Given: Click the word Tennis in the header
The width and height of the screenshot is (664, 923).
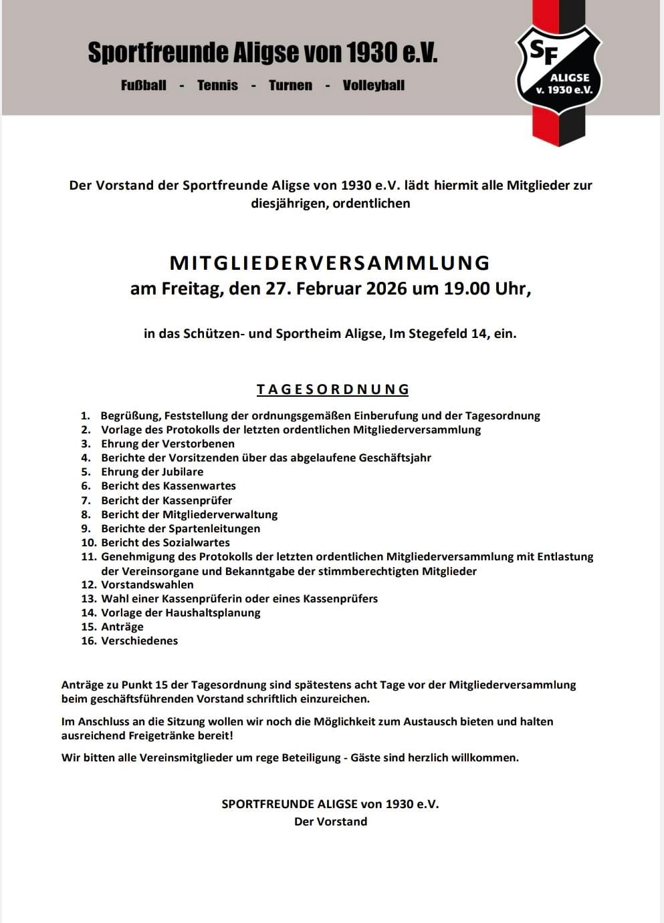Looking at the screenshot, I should pyautogui.click(x=217, y=85).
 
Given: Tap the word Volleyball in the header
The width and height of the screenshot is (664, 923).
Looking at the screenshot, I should pyautogui.click(x=373, y=85).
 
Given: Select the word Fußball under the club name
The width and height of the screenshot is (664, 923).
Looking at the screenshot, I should pyautogui.click(x=144, y=85).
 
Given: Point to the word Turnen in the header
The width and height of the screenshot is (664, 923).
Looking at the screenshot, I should pyautogui.click(x=290, y=85).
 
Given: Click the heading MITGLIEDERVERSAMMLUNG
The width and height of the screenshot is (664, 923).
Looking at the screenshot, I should pyautogui.click(x=330, y=262).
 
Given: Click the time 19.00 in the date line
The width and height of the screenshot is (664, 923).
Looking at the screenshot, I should pyautogui.click(x=467, y=289).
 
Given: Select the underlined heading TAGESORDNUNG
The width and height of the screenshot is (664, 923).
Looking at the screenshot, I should pyautogui.click(x=332, y=389).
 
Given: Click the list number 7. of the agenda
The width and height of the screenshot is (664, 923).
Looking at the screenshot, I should pyautogui.click(x=86, y=500).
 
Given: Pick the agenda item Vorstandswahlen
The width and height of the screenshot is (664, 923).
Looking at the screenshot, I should pyautogui.click(x=147, y=584).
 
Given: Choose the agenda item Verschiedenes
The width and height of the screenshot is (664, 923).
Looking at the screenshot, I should pyautogui.click(x=139, y=640).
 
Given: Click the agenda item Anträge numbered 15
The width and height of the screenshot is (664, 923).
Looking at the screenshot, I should pyautogui.click(x=122, y=626).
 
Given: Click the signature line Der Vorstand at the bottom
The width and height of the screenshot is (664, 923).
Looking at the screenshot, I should pyautogui.click(x=330, y=821).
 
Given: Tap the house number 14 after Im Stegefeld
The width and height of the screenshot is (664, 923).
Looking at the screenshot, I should pyautogui.click(x=479, y=333).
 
